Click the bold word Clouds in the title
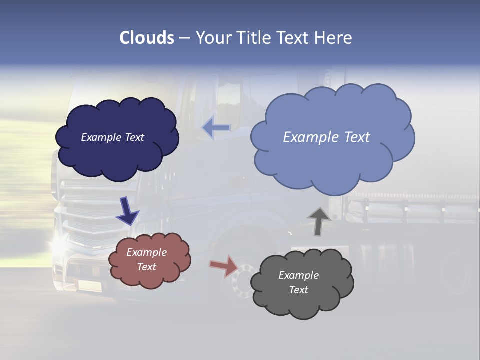point(147,38)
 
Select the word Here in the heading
point(335,38)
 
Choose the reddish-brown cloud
point(149,260)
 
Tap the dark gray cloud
point(301,283)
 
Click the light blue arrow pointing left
point(216,128)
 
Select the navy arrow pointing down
point(127,210)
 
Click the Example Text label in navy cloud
point(112,137)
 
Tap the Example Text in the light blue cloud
point(326,137)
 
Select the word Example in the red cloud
point(146,252)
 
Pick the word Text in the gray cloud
point(298,290)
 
